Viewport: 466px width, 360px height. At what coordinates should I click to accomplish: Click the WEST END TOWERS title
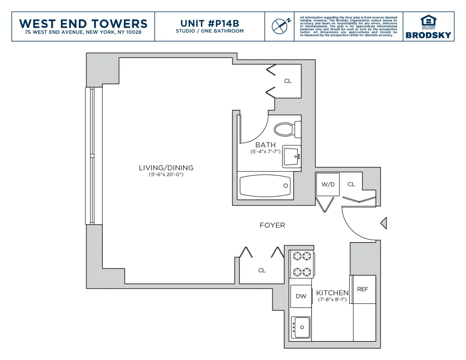coord(83,24)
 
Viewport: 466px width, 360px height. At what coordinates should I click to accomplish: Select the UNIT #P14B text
coord(210,23)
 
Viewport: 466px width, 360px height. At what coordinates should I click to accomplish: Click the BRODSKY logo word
coord(428,35)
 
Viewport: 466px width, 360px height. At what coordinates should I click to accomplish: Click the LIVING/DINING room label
coord(166,168)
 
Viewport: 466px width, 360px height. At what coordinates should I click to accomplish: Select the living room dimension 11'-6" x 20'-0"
coord(166,175)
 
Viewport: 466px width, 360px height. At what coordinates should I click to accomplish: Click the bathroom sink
coord(291,157)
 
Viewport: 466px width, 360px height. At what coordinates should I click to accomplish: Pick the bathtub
coord(265,186)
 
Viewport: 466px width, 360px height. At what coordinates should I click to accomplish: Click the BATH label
coord(265,145)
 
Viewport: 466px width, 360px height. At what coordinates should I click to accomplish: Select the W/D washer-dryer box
coord(328,185)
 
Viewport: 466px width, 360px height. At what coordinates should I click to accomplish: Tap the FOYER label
coord(272,225)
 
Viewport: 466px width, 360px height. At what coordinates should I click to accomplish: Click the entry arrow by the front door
coord(384,223)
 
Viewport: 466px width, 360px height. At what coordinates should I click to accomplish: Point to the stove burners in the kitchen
coord(302,264)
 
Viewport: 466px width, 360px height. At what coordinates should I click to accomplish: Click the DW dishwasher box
coord(301,296)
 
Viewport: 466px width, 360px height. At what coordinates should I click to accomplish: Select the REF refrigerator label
coord(363,289)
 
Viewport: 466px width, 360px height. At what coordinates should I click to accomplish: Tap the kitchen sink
coord(301,327)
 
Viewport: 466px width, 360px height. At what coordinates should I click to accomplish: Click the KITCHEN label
coord(332,293)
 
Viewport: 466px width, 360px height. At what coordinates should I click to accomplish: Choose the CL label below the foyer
coord(262,270)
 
